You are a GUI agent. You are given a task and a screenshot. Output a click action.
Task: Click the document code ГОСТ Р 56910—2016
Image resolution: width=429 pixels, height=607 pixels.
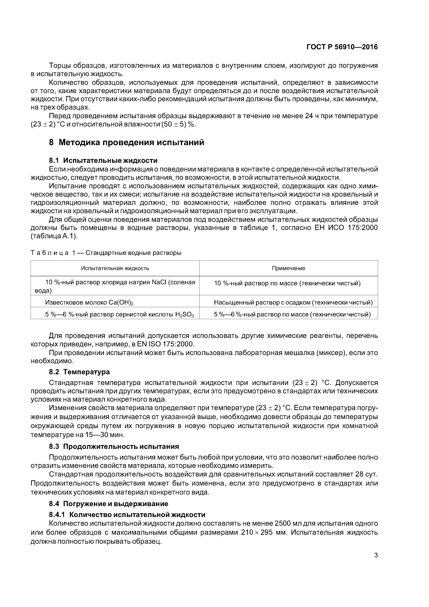[342, 47]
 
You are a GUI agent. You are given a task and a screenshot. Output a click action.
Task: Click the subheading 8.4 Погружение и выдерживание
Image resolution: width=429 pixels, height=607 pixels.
[108, 504]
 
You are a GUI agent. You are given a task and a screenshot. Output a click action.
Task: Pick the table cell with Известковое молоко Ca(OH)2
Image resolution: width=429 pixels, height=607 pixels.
[89, 302]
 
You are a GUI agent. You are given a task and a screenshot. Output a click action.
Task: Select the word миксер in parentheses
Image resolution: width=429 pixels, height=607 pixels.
[332, 353]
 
